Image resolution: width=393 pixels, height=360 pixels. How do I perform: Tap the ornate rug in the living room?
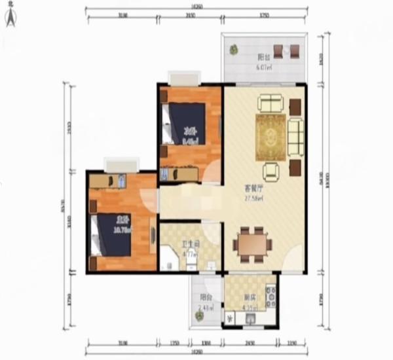(270, 136)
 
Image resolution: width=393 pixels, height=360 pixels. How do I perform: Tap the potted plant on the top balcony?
(234, 49)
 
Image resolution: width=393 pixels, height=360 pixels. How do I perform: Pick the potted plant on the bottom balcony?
(198, 315)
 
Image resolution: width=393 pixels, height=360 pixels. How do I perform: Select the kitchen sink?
(251, 318)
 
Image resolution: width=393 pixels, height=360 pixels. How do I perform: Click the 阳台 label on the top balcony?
(264, 56)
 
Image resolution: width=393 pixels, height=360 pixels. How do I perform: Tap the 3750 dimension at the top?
(264, 14)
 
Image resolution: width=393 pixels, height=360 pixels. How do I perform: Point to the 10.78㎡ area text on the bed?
(122, 230)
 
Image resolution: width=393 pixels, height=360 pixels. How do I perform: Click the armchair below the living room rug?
(271, 171)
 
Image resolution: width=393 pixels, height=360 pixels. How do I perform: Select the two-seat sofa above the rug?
(270, 103)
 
